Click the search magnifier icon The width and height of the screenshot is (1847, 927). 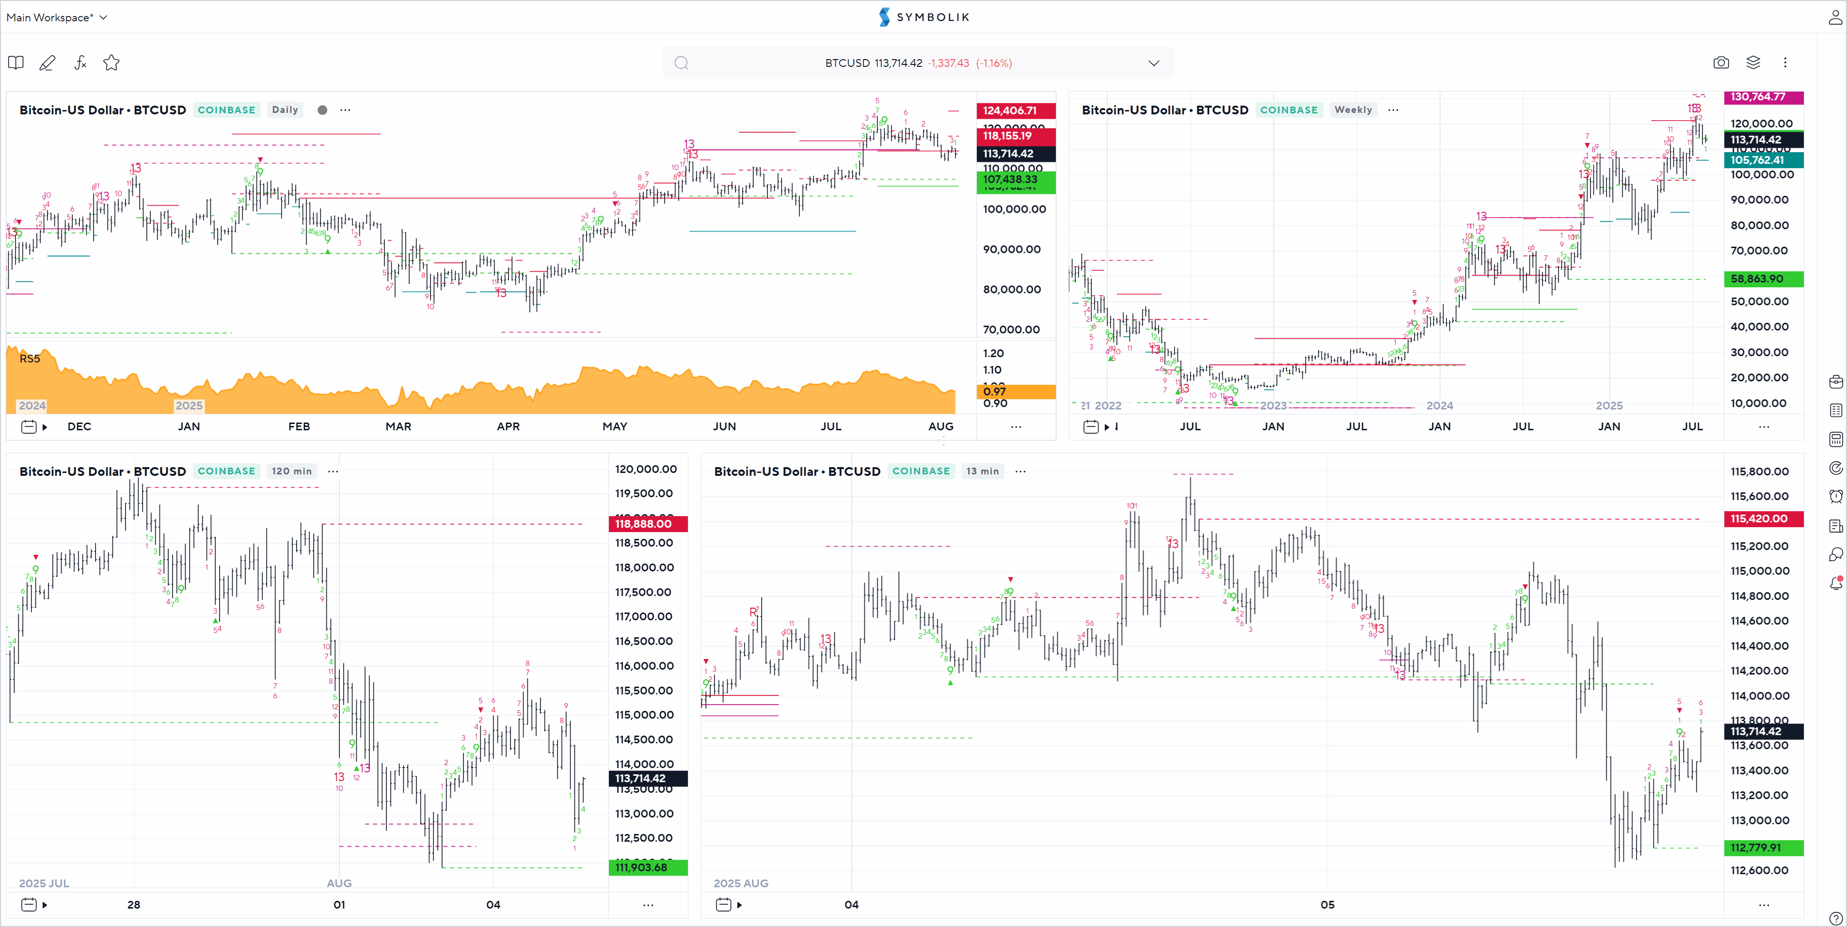click(681, 63)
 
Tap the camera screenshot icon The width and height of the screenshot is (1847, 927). click(1721, 63)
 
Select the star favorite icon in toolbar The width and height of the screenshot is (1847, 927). click(111, 63)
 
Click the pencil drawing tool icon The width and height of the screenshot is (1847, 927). click(48, 63)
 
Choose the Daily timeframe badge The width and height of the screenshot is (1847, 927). click(285, 110)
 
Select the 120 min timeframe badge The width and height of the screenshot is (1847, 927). click(291, 471)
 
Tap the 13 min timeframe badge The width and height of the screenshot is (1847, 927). click(982, 471)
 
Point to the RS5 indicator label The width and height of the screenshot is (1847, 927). click(30, 359)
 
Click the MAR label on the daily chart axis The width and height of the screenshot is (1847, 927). click(398, 426)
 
